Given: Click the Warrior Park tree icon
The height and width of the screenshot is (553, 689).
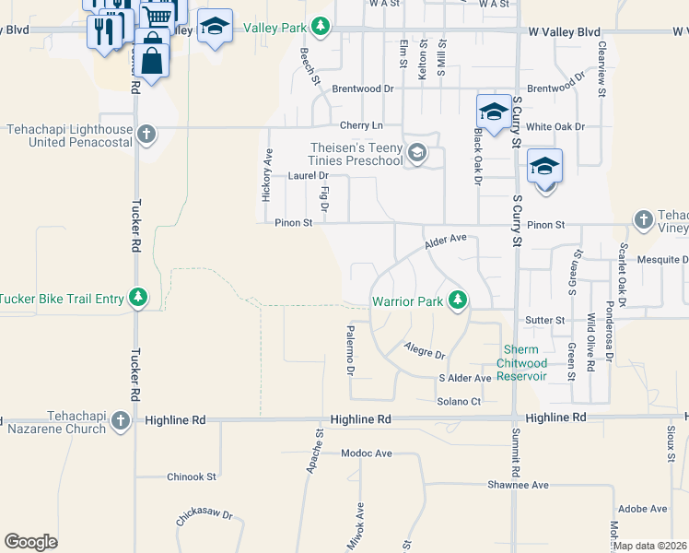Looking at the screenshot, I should tap(457, 300).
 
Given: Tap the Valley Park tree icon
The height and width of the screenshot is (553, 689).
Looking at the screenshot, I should tap(320, 27).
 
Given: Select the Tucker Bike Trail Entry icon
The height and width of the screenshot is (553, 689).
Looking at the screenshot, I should tap(137, 298).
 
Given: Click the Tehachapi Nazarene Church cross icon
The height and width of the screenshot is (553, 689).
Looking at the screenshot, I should tap(120, 421).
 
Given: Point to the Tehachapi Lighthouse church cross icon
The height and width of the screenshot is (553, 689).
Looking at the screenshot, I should tap(145, 135).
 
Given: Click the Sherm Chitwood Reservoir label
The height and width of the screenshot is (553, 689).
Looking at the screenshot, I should tap(522, 363).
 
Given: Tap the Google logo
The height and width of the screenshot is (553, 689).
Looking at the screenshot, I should tap(30, 542).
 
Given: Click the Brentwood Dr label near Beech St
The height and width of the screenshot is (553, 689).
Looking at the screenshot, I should tap(363, 89).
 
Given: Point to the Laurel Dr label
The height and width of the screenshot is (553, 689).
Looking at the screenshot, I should tap(308, 175).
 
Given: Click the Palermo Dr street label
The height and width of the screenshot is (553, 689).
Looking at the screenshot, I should tap(350, 349).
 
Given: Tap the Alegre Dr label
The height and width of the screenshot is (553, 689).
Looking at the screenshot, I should tap(425, 350).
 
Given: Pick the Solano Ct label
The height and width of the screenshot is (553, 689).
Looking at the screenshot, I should tap(459, 401).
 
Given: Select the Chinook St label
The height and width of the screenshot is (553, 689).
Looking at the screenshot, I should tap(191, 477).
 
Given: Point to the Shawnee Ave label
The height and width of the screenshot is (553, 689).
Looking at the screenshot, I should tap(518, 485).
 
